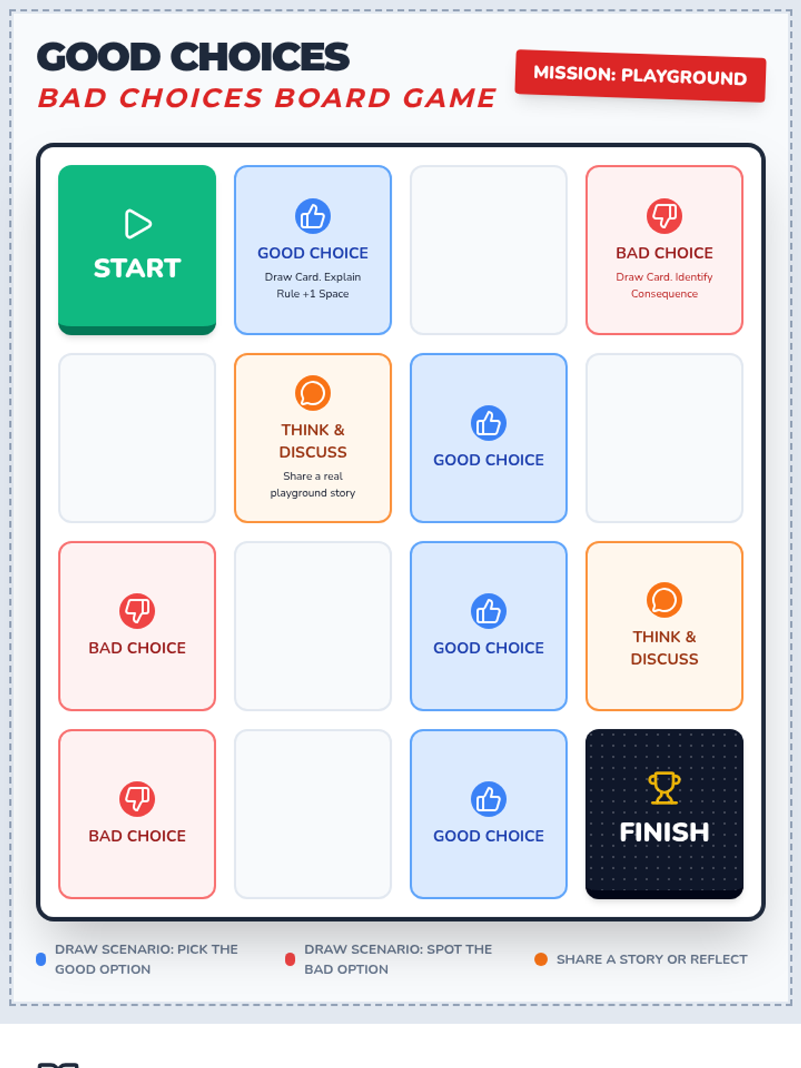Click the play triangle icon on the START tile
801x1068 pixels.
[138, 224]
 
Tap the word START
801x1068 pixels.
[137, 268]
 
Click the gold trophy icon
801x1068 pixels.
[664, 788]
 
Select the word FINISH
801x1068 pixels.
[664, 832]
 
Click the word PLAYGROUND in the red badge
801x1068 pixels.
[684, 77]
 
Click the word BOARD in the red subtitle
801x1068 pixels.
[332, 98]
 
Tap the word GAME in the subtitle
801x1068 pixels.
[449, 98]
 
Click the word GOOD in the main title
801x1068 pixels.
[99, 57]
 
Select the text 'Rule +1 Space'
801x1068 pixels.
[312, 294]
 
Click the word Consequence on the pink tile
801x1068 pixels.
[664, 294]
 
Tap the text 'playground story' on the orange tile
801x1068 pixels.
[312, 493]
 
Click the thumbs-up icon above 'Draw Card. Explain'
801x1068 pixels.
[312, 216]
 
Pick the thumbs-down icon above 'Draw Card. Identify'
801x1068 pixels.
[664, 216]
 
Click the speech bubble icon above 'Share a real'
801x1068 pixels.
[312, 393]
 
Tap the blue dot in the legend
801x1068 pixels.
[41, 959]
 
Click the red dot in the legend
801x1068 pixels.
[290, 959]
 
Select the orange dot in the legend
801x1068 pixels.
[541, 959]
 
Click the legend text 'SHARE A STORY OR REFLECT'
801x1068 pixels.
[651, 959]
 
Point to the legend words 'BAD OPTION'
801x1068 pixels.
[346, 969]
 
